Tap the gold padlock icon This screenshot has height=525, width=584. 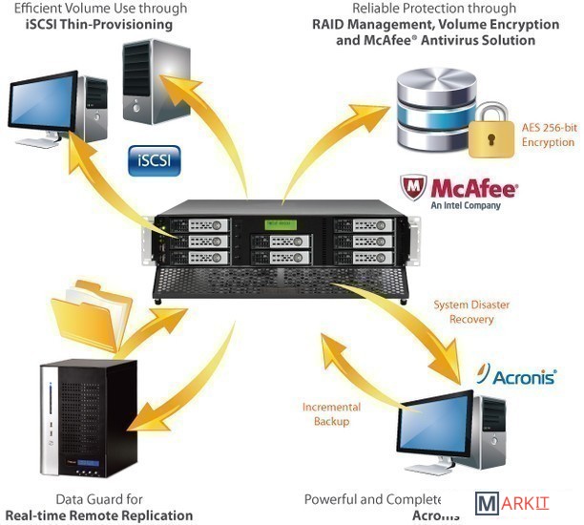coord(492,134)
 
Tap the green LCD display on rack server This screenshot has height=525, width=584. coord(273,225)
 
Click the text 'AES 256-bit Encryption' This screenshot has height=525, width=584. coord(549,134)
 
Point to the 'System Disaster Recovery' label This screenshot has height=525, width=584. coord(471,312)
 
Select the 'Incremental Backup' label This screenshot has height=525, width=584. coord(331,413)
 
